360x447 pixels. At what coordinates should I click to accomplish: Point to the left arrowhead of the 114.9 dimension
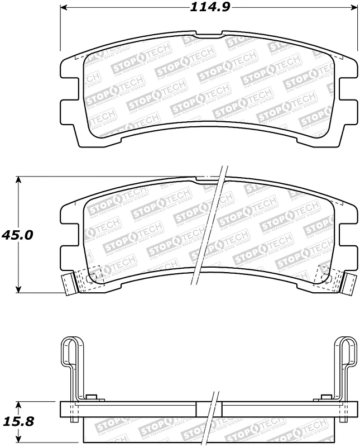(x=63, y=8)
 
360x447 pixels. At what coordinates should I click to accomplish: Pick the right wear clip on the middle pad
(x=348, y=283)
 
